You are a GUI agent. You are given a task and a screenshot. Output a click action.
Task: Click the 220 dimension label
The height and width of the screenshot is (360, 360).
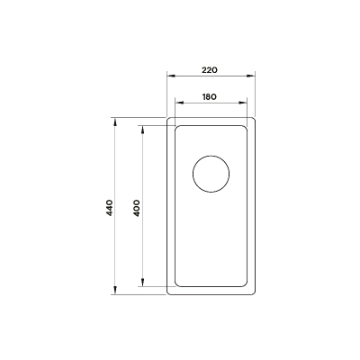coord(210,70)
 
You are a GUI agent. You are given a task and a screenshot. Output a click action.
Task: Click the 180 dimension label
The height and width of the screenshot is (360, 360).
coord(210,97)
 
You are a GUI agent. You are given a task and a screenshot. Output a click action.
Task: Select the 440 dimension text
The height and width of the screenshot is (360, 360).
coord(110,208)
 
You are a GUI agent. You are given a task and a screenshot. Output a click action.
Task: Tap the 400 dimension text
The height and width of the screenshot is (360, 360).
coord(137,208)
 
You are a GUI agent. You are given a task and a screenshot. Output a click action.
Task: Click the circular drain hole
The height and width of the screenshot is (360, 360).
coord(211,174)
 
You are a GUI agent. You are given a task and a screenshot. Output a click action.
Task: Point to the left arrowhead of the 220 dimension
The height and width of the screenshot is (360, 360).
coord(171,76)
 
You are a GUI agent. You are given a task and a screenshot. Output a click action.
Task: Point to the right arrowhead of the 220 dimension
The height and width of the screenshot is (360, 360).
coord(251,76)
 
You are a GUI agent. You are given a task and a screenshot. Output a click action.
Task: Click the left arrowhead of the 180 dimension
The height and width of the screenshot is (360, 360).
coord(179,103)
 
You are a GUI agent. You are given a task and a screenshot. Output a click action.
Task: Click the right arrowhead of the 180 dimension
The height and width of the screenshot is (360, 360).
coord(243,103)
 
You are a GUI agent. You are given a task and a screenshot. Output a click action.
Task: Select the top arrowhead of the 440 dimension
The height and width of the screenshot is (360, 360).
coord(115,121)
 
